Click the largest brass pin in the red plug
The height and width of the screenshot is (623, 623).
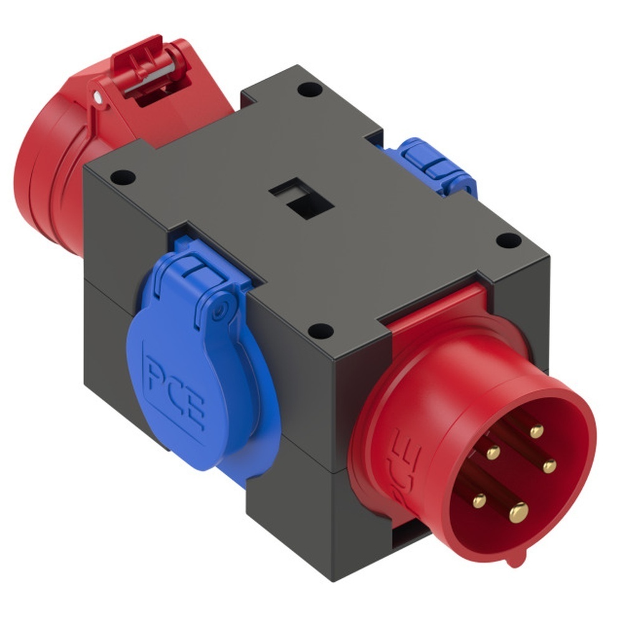(518, 512)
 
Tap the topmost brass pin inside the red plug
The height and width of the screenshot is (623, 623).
(536, 431)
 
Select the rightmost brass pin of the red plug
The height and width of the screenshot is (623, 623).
(549, 466)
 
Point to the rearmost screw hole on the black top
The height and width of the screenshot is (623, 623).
(309, 89)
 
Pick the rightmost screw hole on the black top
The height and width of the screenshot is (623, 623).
(508, 240)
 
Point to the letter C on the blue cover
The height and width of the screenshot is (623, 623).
(174, 393)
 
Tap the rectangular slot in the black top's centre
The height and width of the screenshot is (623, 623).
(302, 200)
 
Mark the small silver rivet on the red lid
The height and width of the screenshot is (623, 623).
(98, 97)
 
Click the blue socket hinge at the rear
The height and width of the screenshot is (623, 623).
(430, 165)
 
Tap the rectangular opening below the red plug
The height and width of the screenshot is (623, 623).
(411, 536)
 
